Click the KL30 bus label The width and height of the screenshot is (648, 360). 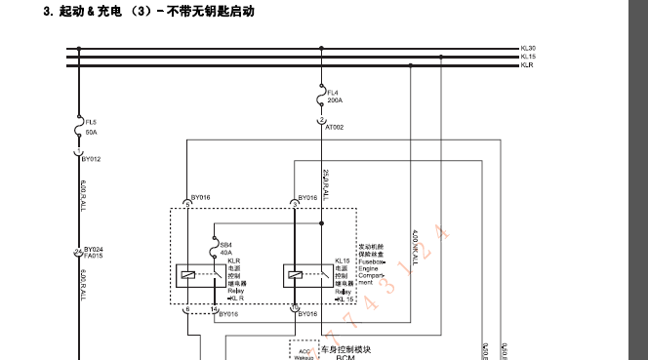528,48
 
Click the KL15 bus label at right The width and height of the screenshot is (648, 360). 528,57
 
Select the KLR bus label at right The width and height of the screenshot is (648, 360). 527,65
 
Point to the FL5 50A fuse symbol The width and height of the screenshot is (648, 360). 78,128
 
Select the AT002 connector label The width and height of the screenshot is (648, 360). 334,127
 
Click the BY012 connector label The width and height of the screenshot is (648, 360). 91,158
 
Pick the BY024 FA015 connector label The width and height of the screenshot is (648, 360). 93,253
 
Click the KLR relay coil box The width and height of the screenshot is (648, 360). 186,274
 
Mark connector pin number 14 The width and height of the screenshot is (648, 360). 214,309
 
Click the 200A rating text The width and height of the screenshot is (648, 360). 335,100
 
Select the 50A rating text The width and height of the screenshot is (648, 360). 91,131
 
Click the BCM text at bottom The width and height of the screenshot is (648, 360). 344,357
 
